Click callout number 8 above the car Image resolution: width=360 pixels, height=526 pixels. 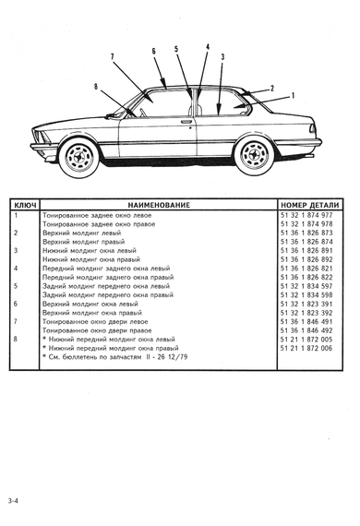[96, 87]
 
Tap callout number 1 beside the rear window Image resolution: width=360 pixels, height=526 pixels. [293, 96]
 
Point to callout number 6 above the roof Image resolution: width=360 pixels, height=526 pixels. [153, 51]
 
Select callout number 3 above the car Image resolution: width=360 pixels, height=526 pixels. [222, 57]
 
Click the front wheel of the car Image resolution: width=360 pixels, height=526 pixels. [79, 157]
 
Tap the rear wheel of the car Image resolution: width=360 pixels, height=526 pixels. [255, 155]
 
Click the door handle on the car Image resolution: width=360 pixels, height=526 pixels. [186, 121]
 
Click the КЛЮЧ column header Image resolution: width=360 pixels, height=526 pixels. [25, 205]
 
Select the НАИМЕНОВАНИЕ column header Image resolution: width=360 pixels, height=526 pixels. [159, 205]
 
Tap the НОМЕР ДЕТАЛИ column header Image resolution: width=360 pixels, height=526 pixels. [309, 205]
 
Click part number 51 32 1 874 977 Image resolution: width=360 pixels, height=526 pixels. [306, 215]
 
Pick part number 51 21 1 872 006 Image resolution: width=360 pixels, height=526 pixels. [306, 348]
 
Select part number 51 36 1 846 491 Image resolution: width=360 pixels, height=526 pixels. [306, 322]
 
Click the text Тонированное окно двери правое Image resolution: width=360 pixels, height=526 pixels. [97, 330]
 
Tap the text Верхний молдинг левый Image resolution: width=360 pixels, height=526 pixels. [82, 233]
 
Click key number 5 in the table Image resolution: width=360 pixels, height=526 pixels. [16, 286]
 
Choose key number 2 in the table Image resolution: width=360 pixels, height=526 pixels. [16, 233]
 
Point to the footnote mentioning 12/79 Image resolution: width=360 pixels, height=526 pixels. [115, 357]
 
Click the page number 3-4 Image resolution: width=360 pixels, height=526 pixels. [14, 501]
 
